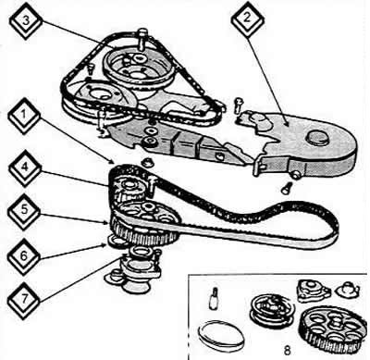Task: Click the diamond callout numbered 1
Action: pyautogui.click(x=24, y=117)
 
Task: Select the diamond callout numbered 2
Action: pyautogui.click(x=248, y=19)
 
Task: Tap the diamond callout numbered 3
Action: pyautogui.click(x=25, y=21)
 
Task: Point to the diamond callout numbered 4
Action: pyautogui.click(x=24, y=168)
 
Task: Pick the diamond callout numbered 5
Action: pyautogui.click(x=23, y=211)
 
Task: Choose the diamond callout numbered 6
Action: pyautogui.click(x=23, y=256)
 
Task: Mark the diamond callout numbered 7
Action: pyautogui.click(x=23, y=300)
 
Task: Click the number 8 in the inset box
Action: pyautogui.click(x=287, y=351)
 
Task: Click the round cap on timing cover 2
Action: pyautogui.click(x=317, y=137)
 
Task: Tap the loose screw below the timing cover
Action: pyautogui.click(x=286, y=187)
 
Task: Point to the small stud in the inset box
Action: pyautogui.click(x=214, y=298)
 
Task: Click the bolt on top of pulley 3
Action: pyautogui.click(x=142, y=39)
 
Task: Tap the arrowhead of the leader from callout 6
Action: pyautogui.click(x=105, y=245)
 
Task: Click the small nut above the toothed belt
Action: pyautogui.click(x=146, y=162)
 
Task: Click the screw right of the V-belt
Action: pyautogui.click(x=238, y=106)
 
